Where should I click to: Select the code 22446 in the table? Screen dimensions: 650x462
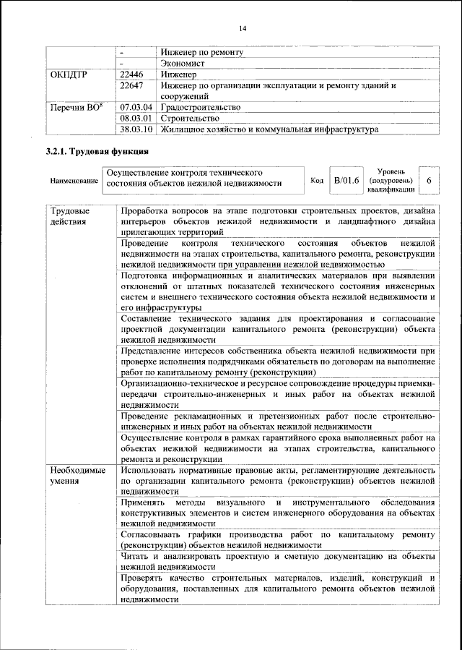click(x=131, y=74)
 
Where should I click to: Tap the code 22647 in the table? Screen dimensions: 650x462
click(x=131, y=85)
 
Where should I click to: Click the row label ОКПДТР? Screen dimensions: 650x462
click(x=70, y=74)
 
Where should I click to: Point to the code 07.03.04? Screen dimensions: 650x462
click(x=136, y=106)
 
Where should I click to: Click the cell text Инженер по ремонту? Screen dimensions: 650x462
click(x=202, y=52)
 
